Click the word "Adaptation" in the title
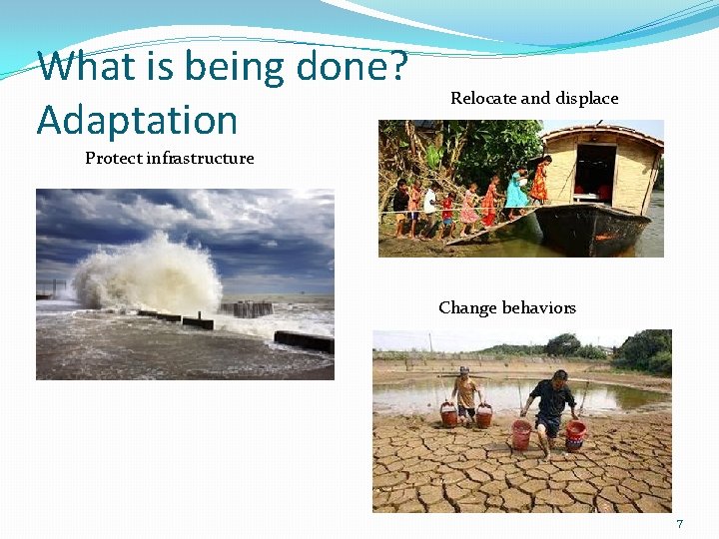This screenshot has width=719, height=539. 137,120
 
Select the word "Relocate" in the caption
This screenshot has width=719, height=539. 483,98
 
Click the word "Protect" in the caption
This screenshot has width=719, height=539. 113,158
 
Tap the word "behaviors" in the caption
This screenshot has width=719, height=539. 540,307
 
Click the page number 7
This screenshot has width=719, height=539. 679,524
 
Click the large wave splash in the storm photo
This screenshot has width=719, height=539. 150,269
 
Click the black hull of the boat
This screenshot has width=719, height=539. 589,230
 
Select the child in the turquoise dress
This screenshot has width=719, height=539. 515,188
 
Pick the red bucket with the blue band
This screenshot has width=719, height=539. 575,433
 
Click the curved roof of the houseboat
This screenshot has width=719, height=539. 599,132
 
